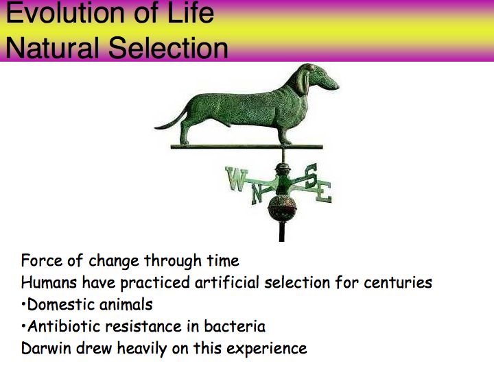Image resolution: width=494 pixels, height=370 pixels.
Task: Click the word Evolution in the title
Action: click(65, 12)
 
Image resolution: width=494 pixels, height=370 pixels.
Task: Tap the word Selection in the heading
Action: click(168, 47)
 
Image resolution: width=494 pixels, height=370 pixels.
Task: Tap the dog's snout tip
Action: click(336, 85)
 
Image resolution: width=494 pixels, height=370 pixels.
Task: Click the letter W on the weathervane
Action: click(236, 179)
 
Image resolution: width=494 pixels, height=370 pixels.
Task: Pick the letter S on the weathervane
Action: click(310, 176)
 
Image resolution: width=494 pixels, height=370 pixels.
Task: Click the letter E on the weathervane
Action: click(324, 192)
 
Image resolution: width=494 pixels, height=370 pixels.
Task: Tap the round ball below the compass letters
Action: click(282, 208)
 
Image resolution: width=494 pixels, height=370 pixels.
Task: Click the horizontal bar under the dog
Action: click(247, 147)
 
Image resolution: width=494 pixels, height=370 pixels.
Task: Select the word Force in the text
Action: click(42, 261)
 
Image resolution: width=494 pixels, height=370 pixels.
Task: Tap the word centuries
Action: click(397, 282)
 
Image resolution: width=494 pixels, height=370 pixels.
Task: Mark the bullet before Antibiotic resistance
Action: click(23, 327)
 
